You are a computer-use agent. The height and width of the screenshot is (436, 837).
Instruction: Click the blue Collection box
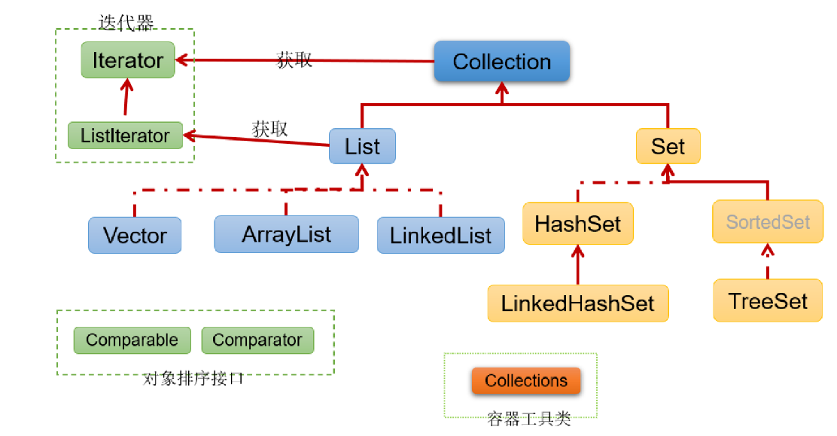[502, 62]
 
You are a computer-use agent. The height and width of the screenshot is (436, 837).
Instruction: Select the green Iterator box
[128, 60]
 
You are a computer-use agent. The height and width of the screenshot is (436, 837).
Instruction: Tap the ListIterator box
[125, 136]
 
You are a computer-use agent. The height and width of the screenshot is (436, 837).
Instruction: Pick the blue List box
[362, 146]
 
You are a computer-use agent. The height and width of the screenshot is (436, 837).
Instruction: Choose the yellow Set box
[668, 146]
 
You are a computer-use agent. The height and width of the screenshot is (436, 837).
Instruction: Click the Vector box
[135, 236]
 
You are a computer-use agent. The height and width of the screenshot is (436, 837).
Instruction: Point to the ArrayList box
[286, 234]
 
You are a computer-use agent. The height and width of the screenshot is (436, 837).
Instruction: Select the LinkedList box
[440, 236]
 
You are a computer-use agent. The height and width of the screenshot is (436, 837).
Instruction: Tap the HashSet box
[578, 224]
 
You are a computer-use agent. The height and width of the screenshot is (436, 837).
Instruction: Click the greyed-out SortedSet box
[768, 222]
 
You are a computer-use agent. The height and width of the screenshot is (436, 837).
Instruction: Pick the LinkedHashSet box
[578, 303]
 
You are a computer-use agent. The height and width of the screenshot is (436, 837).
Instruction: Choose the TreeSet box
[768, 301]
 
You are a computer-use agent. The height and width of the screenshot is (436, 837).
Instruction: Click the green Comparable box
[132, 340]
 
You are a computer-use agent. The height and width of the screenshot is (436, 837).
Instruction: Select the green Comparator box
[257, 340]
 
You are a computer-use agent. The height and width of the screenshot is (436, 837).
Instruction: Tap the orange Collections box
[526, 381]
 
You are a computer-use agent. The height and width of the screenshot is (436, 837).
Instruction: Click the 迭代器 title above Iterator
[126, 23]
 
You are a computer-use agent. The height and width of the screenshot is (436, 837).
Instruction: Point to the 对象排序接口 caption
[193, 379]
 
